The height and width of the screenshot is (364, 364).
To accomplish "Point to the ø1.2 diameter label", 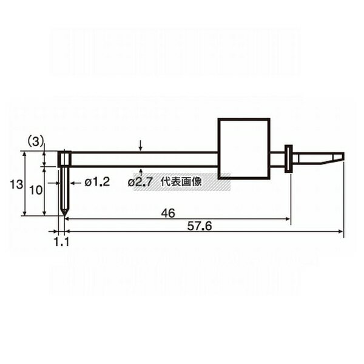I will pyautogui.click(x=97, y=181).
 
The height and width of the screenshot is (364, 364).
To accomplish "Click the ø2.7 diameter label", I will pyautogui.click(x=140, y=181).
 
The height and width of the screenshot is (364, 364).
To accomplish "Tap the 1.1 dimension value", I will pyautogui.click(x=62, y=241).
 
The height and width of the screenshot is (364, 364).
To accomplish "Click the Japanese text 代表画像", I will pyautogui.click(x=181, y=181).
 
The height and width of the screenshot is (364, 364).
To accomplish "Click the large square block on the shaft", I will pyautogui.click(x=243, y=149).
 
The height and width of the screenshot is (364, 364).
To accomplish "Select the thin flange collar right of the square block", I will pyautogui.click(x=289, y=158).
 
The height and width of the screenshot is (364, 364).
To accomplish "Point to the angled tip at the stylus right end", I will pyautogui.click(x=336, y=158).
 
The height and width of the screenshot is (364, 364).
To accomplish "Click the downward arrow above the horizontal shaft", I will pyautogui.click(x=140, y=146).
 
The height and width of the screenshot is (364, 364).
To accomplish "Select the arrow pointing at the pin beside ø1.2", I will pyautogui.click(x=73, y=181).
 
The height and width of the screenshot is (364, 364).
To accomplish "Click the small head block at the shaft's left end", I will pyautogui.click(x=65, y=159).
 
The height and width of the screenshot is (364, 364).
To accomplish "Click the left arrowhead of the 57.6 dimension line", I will pyautogui.click(x=67, y=231).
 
